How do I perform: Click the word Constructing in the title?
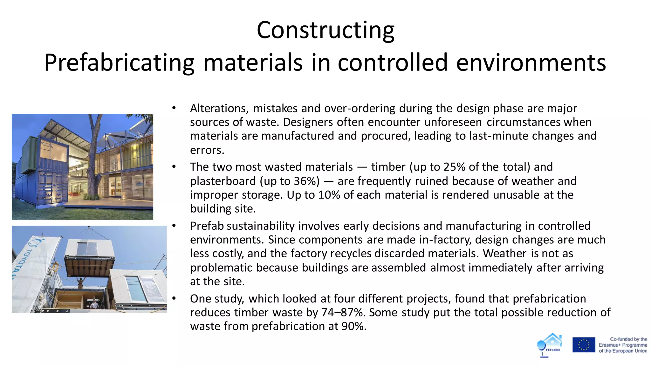[325, 30]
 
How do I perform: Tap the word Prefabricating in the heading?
[119, 63]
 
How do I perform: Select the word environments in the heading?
[531, 63]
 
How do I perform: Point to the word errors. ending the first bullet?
[207, 150]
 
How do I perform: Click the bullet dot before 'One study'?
[174, 298]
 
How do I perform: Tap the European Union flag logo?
[584, 345]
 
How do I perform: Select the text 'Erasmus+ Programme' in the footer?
[623, 345]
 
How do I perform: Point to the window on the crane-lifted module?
[87, 249]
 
